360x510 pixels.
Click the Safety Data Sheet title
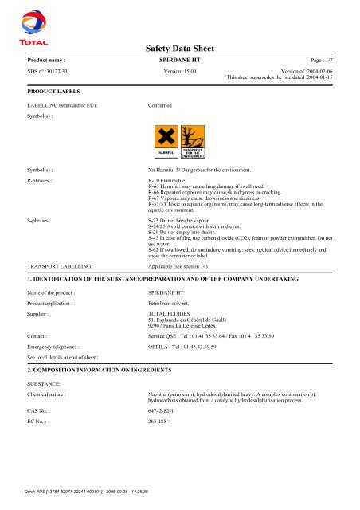179,49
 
